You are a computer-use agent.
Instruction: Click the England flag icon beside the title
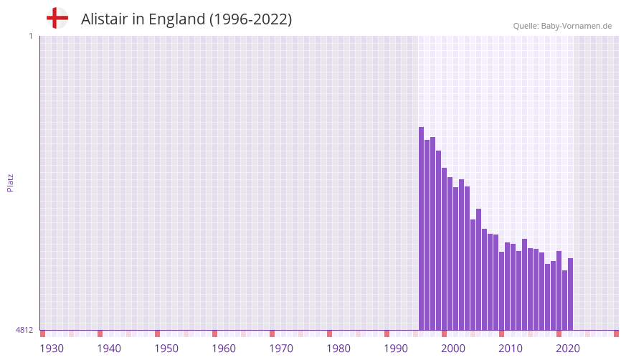click(57, 19)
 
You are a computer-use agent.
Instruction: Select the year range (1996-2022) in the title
click(250, 19)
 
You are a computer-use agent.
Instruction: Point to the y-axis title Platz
click(10, 182)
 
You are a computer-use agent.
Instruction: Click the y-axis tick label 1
click(30, 36)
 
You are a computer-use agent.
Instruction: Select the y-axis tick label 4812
click(24, 331)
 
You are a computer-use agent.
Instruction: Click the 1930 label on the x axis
click(52, 349)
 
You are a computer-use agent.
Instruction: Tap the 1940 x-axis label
click(109, 349)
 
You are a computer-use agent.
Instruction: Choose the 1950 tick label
click(166, 349)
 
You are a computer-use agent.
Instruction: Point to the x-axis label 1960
click(224, 349)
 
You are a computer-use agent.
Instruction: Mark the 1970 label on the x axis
click(281, 349)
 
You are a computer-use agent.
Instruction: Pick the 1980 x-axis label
click(338, 349)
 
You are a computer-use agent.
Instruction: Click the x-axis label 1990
click(396, 349)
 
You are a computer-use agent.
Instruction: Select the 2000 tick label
click(453, 349)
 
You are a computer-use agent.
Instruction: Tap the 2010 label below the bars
click(511, 349)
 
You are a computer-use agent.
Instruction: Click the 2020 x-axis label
click(568, 349)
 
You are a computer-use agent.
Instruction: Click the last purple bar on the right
click(571, 294)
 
